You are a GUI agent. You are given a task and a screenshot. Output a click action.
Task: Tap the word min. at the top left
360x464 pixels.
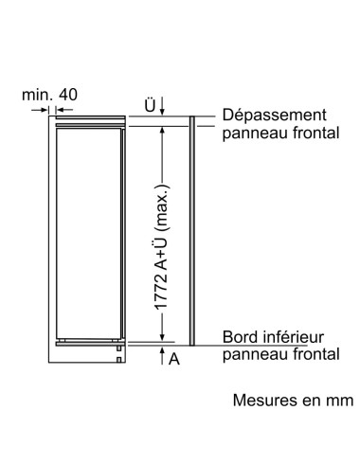[x=40, y=95]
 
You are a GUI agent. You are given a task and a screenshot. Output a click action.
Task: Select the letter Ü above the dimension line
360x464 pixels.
[x=149, y=105]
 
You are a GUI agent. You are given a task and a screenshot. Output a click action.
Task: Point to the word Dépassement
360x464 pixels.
[x=275, y=114]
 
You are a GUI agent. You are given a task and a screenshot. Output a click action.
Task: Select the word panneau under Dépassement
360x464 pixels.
[x=251, y=134]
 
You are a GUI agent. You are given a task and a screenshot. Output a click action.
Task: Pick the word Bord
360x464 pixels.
[x=239, y=337]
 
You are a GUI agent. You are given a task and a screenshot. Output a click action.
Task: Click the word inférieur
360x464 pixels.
[x=293, y=337]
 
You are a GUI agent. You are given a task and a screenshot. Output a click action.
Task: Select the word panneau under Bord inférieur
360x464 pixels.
[x=251, y=356]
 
